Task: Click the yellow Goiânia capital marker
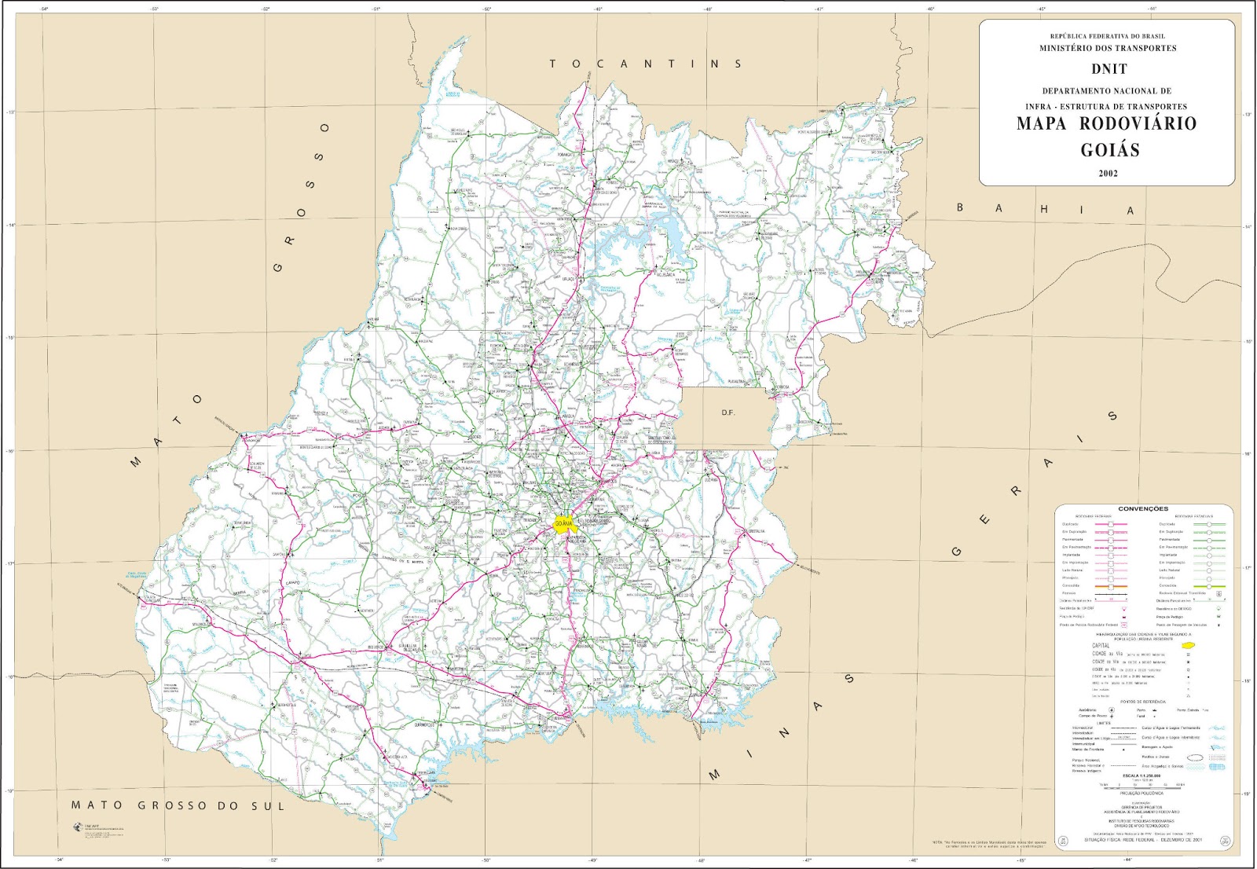[563, 525]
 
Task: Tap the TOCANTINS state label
[645, 64]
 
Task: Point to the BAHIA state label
[1044, 209]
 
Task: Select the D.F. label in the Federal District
[728, 412]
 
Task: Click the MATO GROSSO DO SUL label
[178, 805]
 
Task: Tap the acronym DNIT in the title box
[1108, 69]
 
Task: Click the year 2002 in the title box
[1108, 174]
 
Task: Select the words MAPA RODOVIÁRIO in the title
[1106, 123]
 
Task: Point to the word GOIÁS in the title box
[1109, 150]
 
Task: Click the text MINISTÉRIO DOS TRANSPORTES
[1108, 49]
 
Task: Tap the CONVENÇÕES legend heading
[1142, 509]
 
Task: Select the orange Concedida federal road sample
[1110, 586]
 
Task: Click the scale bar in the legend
[1142, 784]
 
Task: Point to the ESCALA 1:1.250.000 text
[1142, 775]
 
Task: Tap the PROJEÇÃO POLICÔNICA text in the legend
[1142, 794]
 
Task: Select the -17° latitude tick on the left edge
[11, 564]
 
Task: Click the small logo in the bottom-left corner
[79, 826]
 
